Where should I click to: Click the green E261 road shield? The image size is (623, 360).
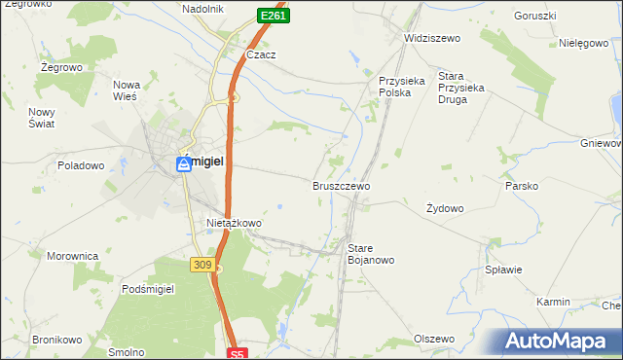pos(273,16)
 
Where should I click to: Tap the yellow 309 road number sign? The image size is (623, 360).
pos(202,265)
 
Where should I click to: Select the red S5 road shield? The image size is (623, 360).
pos(238,354)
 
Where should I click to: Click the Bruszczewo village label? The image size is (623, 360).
pos(341,185)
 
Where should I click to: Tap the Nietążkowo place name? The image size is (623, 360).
pos(234,223)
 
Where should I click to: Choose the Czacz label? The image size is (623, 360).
pos(261,55)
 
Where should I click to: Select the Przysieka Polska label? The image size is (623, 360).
pos(402,87)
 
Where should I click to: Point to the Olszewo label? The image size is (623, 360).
pos(434,339)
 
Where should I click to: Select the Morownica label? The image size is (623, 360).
pos(73,256)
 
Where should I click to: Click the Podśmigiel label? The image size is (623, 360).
pos(148,290)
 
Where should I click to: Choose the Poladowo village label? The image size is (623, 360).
pos(81,165)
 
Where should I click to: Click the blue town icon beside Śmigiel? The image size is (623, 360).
pos(183,165)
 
